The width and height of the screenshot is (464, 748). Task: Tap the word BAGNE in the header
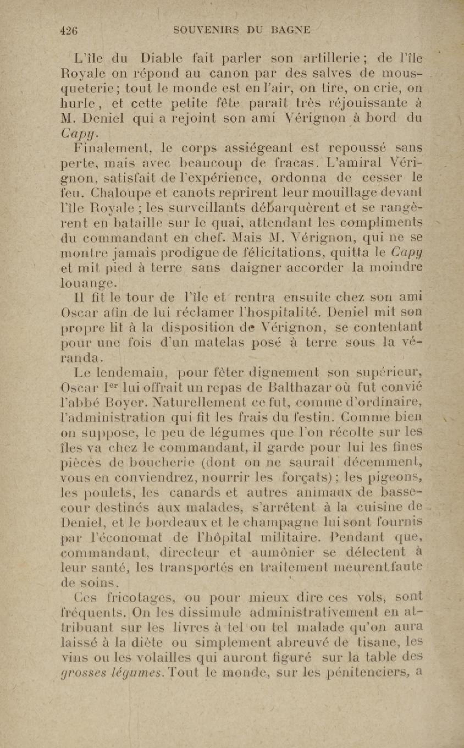click(x=291, y=30)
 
